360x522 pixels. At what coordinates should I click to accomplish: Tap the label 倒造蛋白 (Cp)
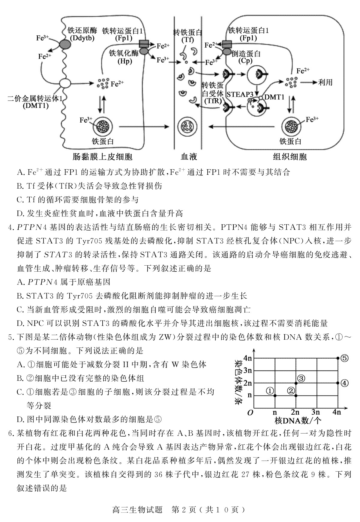pos(246,57)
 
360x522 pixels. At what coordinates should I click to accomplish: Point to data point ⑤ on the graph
pos(338,358)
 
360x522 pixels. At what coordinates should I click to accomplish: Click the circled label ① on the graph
pos(270,391)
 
